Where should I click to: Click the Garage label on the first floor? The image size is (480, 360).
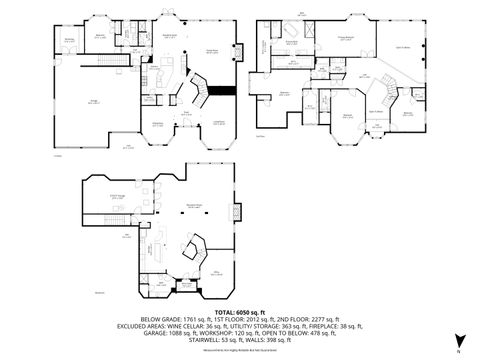point(92,102)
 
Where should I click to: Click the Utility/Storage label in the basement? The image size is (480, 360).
point(117,197)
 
